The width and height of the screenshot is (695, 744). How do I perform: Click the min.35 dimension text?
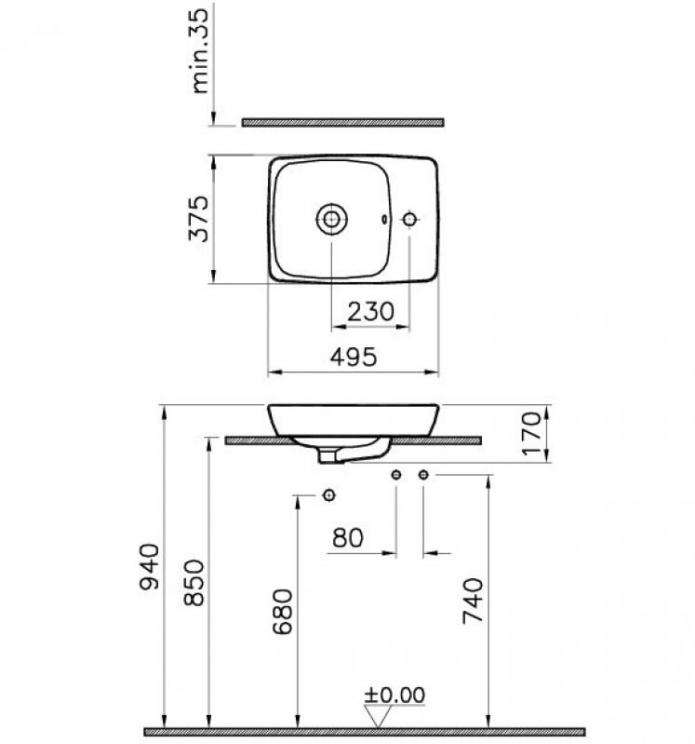[200, 51]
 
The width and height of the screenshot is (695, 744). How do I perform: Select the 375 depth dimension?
[198, 219]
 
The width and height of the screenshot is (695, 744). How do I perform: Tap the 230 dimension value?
[370, 312]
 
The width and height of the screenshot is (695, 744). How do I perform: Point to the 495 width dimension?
[354, 357]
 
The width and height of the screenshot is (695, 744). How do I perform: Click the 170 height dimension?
[531, 433]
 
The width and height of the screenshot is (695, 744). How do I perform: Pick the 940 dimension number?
[150, 567]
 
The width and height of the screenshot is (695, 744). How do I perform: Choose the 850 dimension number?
[194, 583]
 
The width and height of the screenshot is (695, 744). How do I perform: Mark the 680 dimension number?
[283, 611]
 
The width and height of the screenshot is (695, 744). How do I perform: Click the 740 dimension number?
[473, 601]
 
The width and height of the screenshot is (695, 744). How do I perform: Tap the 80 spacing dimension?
[348, 538]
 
